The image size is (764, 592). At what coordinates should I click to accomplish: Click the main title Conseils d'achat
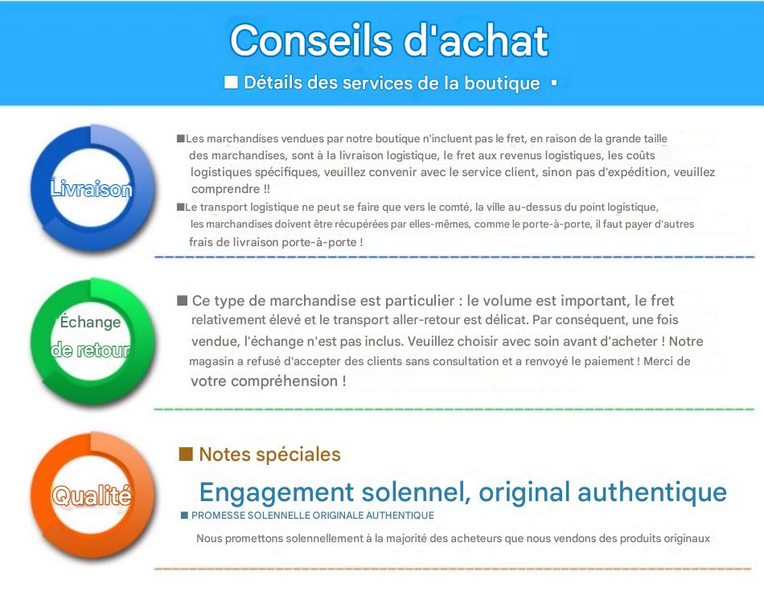click(389, 40)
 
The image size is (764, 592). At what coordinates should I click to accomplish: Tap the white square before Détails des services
click(231, 82)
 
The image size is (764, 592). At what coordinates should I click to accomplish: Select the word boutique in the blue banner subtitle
click(502, 84)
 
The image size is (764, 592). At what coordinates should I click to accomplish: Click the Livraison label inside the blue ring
click(91, 188)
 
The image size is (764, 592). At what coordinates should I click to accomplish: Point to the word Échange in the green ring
click(90, 321)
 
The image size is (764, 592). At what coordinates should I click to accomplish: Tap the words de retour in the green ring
click(91, 349)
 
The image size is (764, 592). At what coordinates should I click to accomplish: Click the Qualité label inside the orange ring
click(92, 495)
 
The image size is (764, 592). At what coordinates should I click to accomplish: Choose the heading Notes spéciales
click(269, 454)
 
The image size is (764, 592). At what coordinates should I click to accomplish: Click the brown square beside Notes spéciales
click(186, 454)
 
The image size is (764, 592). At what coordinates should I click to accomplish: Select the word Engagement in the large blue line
click(277, 492)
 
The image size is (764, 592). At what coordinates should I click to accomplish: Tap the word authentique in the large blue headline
click(652, 492)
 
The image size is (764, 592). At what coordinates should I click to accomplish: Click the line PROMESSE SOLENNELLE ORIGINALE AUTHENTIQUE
click(312, 516)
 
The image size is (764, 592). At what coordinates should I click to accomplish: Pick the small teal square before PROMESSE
click(184, 516)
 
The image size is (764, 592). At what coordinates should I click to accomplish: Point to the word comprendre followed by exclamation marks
click(231, 189)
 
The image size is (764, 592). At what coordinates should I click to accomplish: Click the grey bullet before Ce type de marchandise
click(183, 300)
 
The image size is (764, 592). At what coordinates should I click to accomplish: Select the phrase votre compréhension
click(264, 381)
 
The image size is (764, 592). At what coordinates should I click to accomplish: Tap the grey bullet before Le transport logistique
click(180, 207)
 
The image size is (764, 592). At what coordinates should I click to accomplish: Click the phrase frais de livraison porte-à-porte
click(273, 242)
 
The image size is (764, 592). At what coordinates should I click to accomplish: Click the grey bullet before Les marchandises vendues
click(181, 138)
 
